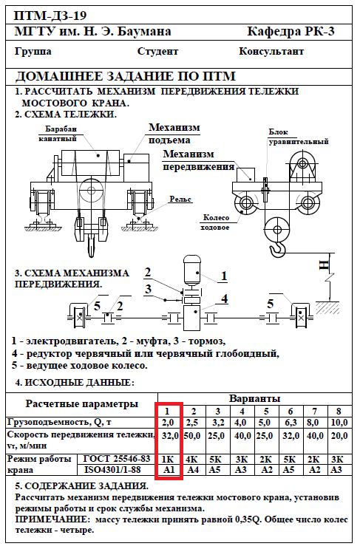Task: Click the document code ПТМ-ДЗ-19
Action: pos(50,16)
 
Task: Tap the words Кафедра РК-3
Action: pos(291,32)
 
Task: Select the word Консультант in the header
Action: pos(271,51)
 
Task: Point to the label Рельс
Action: pos(180,200)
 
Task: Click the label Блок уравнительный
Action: pos(299,137)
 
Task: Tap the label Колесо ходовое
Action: pos(216,222)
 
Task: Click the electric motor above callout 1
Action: pos(192,269)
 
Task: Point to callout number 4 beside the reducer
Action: pos(224,299)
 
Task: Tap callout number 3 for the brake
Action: pos(148,289)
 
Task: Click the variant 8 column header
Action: pos(339,411)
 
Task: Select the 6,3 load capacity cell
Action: pos(291,422)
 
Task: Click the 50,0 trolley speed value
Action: pos(192,436)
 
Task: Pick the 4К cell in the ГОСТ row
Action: pos(193,459)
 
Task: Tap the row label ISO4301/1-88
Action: pos(112,469)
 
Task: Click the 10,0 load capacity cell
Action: pos(339,422)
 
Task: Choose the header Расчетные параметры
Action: pos(81,403)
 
